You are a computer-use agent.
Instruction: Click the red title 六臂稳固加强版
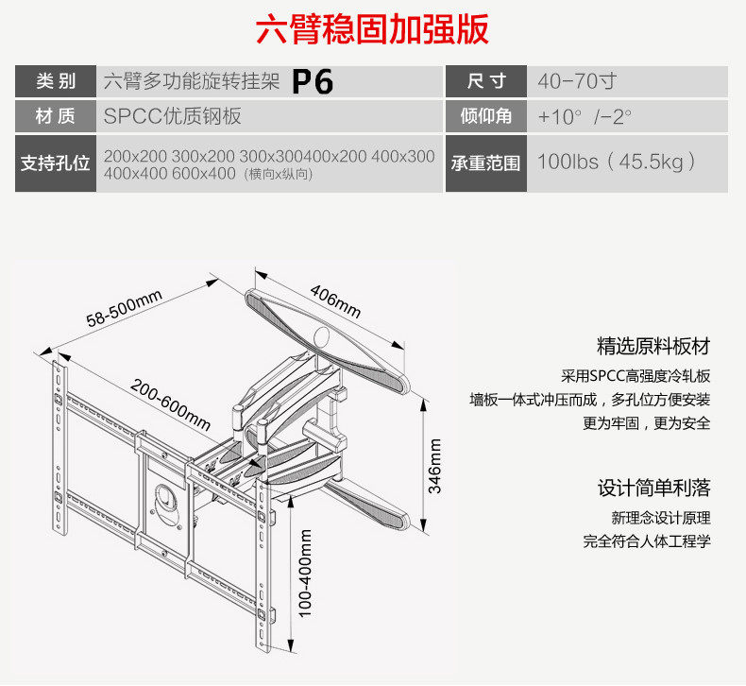pyautogui.click(x=372, y=30)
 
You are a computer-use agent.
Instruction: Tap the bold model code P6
pyautogui.click(x=313, y=82)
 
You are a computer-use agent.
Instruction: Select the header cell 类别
pyautogui.click(x=56, y=81)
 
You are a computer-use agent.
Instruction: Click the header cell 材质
pyautogui.click(x=56, y=117)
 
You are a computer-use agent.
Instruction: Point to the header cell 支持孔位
pyautogui.click(x=56, y=163)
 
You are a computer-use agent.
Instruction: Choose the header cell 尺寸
pyautogui.click(x=487, y=81)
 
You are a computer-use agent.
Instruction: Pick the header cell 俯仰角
pyautogui.click(x=487, y=117)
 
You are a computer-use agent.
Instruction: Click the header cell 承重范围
pyautogui.click(x=487, y=163)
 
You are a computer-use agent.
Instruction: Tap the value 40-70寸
pyautogui.click(x=577, y=81)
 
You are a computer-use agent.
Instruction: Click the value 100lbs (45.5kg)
pyautogui.click(x=617, y=162)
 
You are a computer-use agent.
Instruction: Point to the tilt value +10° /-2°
pyautogui.click(x=585, y=117)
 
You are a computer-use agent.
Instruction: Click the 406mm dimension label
pyautogui.click(x=335, y=301)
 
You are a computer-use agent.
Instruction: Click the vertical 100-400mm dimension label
pyautogui.click(x=305, y=573)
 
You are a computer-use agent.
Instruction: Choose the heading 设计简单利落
pyautogui.click(x=653, y=489)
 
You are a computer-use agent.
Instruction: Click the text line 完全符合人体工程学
pyautogui.click(x=647, y=542)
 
